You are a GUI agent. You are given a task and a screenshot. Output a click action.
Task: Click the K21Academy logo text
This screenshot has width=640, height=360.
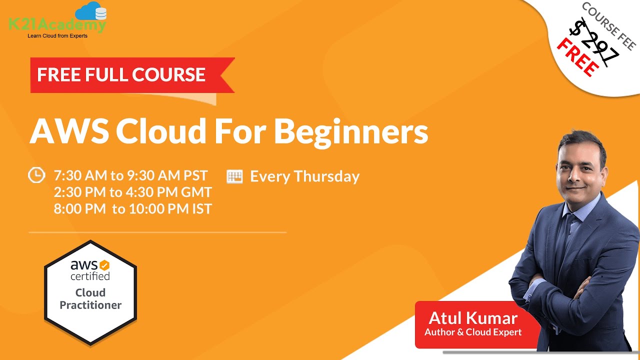pos(57,25)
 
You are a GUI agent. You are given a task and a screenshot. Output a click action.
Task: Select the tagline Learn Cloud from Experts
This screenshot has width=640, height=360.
pos(57,36)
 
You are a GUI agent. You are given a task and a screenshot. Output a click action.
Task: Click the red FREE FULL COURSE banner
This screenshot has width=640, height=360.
pos(132,75)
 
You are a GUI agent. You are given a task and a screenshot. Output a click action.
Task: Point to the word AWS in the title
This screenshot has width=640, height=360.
pos(69,131)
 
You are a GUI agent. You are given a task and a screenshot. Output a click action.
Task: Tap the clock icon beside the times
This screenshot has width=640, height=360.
pos(36,175)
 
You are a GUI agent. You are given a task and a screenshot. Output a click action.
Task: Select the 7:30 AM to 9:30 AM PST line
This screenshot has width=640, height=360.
pos(130,175)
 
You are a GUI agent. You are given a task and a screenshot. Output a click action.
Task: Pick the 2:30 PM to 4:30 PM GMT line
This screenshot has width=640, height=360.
pos(133,192)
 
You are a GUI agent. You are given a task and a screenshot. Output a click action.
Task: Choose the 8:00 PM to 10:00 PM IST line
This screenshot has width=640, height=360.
pos(133,209)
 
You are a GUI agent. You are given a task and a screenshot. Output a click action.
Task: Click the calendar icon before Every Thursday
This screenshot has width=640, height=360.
pos(234,176)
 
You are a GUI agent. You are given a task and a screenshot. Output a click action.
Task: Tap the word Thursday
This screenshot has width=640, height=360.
pos(327,176)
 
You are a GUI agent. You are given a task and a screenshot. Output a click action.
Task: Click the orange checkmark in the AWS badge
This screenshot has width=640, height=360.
pos(104,265)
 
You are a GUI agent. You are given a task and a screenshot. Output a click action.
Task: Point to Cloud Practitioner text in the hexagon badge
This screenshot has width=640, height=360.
pos(90,299)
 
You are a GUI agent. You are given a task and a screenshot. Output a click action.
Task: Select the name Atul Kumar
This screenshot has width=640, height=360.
pos(473,318)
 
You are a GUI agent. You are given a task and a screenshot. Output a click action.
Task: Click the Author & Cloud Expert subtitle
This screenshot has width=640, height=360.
pos(473,332)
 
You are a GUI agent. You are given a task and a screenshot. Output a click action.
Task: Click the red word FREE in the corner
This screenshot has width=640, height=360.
pos(577,57)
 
